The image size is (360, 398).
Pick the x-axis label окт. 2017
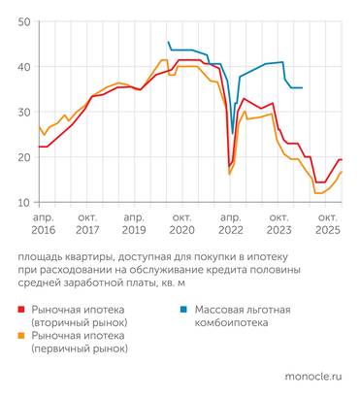pyautogui.click(x=88, y=225)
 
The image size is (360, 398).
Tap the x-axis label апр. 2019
pyautogui.click(x=136, y=225)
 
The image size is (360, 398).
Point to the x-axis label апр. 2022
pyautogui.click(x=231, y=225)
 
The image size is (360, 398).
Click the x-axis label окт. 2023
pyautogui.click(x=278, y=225)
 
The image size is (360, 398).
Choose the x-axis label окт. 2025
pyautogui.click(x=327, y=225)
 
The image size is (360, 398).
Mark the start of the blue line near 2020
pyautogui.click(x=168, y=42)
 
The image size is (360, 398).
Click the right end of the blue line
pyautogui.click(x=302, y=87)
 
